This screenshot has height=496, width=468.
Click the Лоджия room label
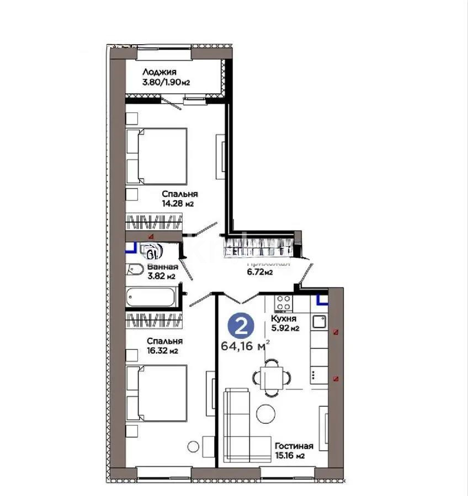click(159, 72)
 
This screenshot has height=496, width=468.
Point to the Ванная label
click(163, 267)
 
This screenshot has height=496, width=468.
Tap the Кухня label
click(284, 319)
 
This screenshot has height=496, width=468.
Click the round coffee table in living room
click(266, 413)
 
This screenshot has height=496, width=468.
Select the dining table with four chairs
click(271, 378)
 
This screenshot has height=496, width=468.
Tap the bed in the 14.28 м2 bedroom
click(157, 156)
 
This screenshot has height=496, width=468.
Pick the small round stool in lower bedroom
click(192, 446)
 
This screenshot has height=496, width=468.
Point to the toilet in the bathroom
click(134, 269)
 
